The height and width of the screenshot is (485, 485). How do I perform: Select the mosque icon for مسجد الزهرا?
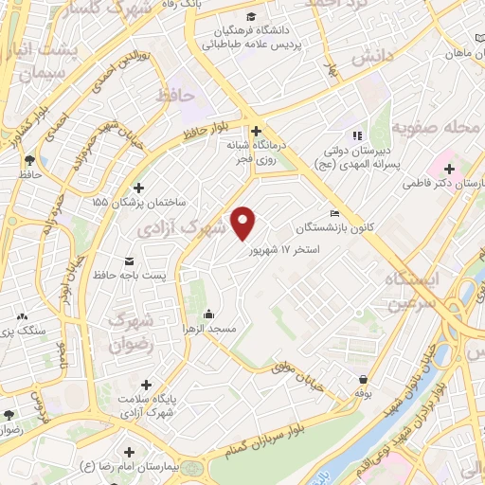[x=209, y=314]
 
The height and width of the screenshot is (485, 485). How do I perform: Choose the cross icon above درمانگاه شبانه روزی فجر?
[x=256, y=131]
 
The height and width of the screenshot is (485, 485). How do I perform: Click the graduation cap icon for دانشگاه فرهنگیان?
[x=250, y=17]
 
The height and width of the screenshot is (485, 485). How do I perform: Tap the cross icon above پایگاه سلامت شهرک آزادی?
[x=146, y=385]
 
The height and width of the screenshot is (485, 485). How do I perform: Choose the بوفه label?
[x=361, y=392]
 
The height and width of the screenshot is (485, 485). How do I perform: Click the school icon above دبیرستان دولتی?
[x=357, y=134]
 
